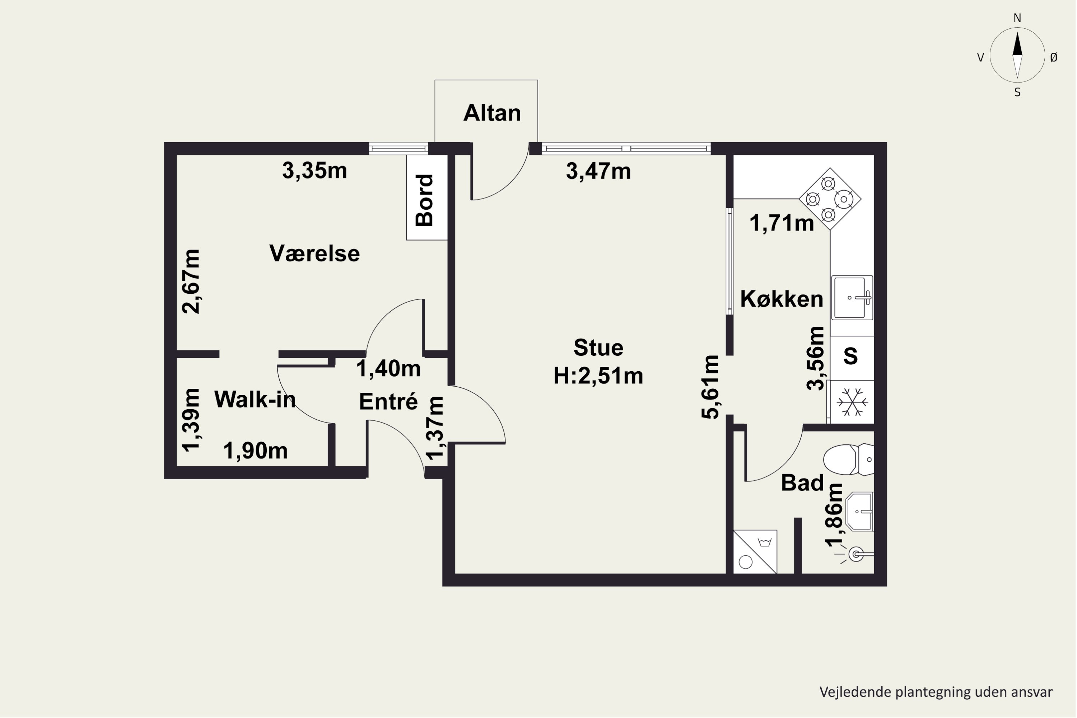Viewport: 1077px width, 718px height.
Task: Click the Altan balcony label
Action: tap(492, 113)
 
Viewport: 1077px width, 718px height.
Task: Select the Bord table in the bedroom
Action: tap(427, 197)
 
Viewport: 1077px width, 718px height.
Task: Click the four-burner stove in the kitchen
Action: tap(830, 199)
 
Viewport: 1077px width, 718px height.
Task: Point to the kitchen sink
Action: tap(852, 298)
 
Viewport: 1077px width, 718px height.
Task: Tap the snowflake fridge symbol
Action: tap(852, 402)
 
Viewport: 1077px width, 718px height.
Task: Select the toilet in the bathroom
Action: tap(849, 459)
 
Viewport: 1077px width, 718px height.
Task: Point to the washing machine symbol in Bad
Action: tap(755, 552)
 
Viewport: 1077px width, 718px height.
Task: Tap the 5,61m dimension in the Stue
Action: tap(711, 387)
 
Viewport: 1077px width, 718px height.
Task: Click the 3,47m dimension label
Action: tap(598, 171)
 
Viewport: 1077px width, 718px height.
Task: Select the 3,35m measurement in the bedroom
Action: tap(314, 171)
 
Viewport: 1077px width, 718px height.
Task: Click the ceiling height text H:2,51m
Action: tap(598, 376)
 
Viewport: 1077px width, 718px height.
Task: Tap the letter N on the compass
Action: tap(1017, 18)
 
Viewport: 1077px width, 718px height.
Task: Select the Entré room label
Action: tap(388, 402)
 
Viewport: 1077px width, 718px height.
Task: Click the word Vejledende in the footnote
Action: tap(850, 692)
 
